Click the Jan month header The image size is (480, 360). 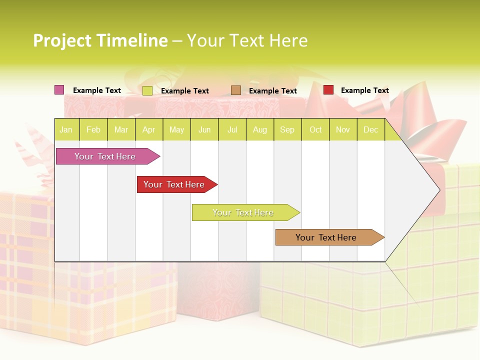coord(66,129)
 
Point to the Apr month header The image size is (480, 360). coord(149,129)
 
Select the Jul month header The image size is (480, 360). coord(232,129)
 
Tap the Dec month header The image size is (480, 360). coord(370,129)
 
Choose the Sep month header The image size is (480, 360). coord(287,129)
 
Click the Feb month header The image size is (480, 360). coord(93,129)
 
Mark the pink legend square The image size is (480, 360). coord(59,90)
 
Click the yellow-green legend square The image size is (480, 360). coord(147,90)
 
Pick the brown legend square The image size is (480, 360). coord(236,90)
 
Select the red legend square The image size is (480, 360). coord(328,90)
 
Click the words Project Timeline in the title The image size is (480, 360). coord(100,40)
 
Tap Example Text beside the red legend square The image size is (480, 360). coord(364,90)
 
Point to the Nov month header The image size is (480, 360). coord(343,129)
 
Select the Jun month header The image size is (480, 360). coord(204,129)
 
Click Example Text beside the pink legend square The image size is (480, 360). coord(96,90)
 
